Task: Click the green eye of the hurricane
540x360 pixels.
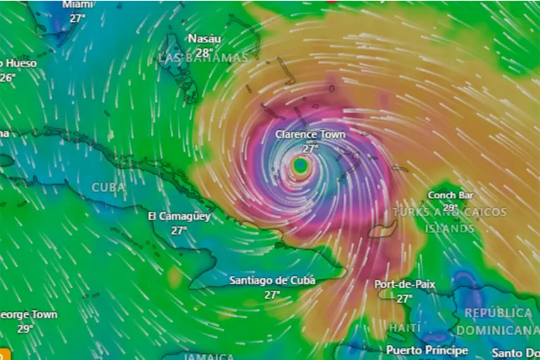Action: (x=301, y=166)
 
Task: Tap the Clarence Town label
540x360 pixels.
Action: (x=310, y=134)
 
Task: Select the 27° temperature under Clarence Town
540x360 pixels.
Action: (x=311, y=148)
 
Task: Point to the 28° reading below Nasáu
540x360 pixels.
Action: (x=203, y=52)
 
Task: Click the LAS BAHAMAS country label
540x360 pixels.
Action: (x=203, y=58)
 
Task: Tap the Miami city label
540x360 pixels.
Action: (x=78, y=5)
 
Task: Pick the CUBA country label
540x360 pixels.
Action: (x=109, y=188)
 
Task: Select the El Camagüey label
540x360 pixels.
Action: (x=179, y=216)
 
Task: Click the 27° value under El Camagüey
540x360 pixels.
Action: (x=179, y=230)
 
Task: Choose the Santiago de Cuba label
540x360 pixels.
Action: (x=272, y=281)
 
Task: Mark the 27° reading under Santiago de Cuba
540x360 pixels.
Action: (x=272, y=295)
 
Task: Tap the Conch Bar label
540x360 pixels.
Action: (x=451, y=195)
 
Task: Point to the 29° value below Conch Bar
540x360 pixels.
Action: (x=451, y=208)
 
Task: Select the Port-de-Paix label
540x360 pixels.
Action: (x=404, y=284)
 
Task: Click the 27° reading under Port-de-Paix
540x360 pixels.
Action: (x=404, y=299)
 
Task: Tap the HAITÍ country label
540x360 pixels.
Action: (x=404, y=328)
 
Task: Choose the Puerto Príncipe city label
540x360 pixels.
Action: (x=427, y=350)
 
